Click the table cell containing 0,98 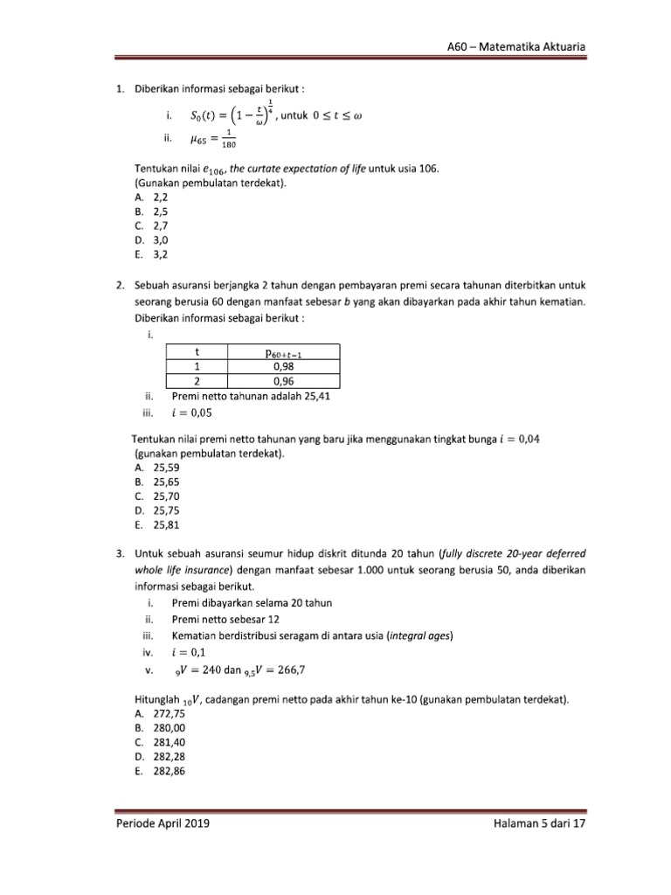(282, 367)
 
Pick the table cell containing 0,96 (282, 381)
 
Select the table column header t (196, 353)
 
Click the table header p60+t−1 (283, 353)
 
